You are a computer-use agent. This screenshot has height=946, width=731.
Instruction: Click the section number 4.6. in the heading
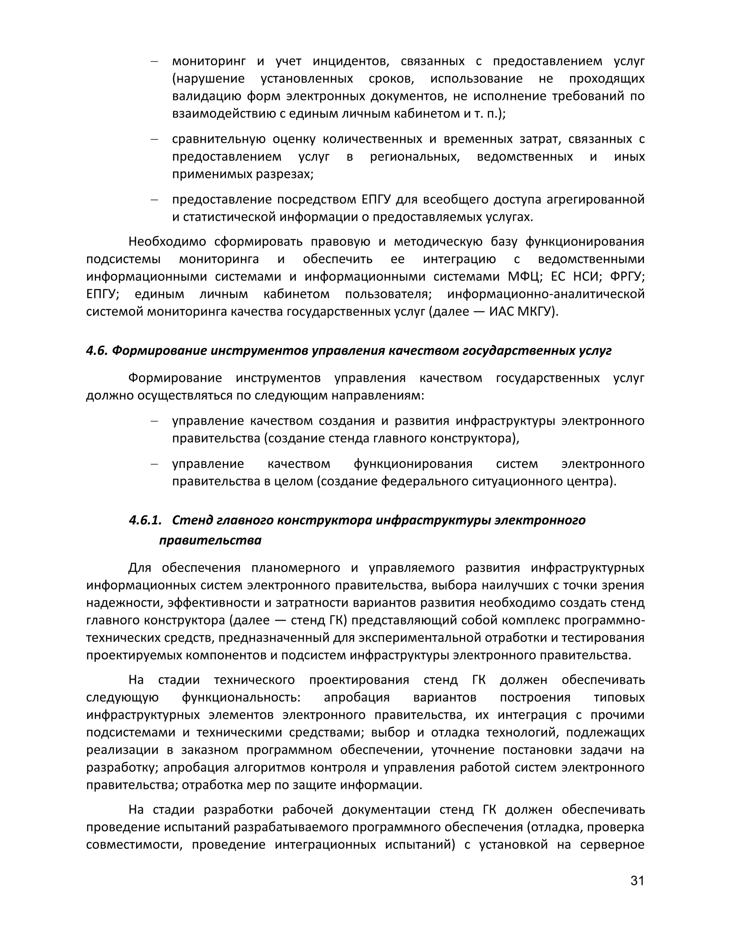[x=97, y=351]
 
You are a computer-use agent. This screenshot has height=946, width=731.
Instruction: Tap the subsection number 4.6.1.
[x=145, y=520]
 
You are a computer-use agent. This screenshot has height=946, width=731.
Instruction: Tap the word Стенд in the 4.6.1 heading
[x=189, y=520]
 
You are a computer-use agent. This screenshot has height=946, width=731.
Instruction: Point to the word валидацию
[x=207, y=96]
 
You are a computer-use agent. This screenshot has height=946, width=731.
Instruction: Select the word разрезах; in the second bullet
[x=285, y=174]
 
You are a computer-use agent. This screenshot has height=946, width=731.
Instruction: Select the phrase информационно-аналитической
[x=546, y=294]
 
